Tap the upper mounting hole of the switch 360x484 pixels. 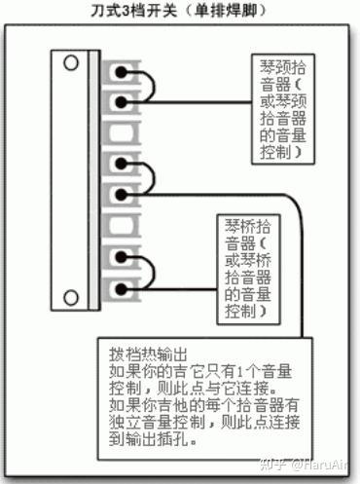click(71, 62)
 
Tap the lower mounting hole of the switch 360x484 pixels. click(71, 296)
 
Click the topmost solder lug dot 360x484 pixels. click(121, 72)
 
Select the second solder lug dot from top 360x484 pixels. click(121, 102)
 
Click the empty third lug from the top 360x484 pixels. click(122, 132)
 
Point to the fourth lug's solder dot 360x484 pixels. click(121, 164)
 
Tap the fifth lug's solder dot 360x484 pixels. click(121, 195)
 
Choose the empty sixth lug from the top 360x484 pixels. click(122, 225)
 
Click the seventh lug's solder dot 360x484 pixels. click(121, 256)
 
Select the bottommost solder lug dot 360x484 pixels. click(121, 288)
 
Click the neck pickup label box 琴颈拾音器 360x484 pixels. click(283, 109)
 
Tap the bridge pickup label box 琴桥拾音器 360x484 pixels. click(248, 270)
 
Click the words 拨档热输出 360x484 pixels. click(148, 354)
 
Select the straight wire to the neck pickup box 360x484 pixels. click(189, 102)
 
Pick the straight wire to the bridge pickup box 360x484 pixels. click(171, 289)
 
